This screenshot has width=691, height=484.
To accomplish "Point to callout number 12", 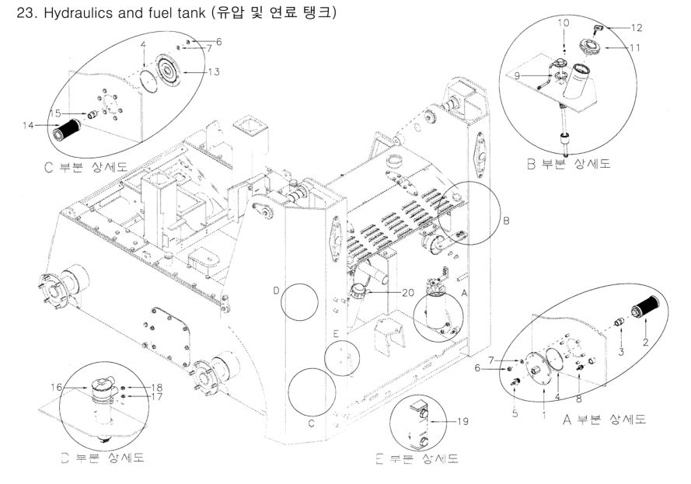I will (x=637, y=28).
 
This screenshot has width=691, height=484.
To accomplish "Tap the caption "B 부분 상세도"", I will (x=576, y=165).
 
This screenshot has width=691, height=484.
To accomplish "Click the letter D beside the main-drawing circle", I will (x=276, y=291).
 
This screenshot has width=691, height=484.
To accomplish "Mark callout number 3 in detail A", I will (x=621, y=353).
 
